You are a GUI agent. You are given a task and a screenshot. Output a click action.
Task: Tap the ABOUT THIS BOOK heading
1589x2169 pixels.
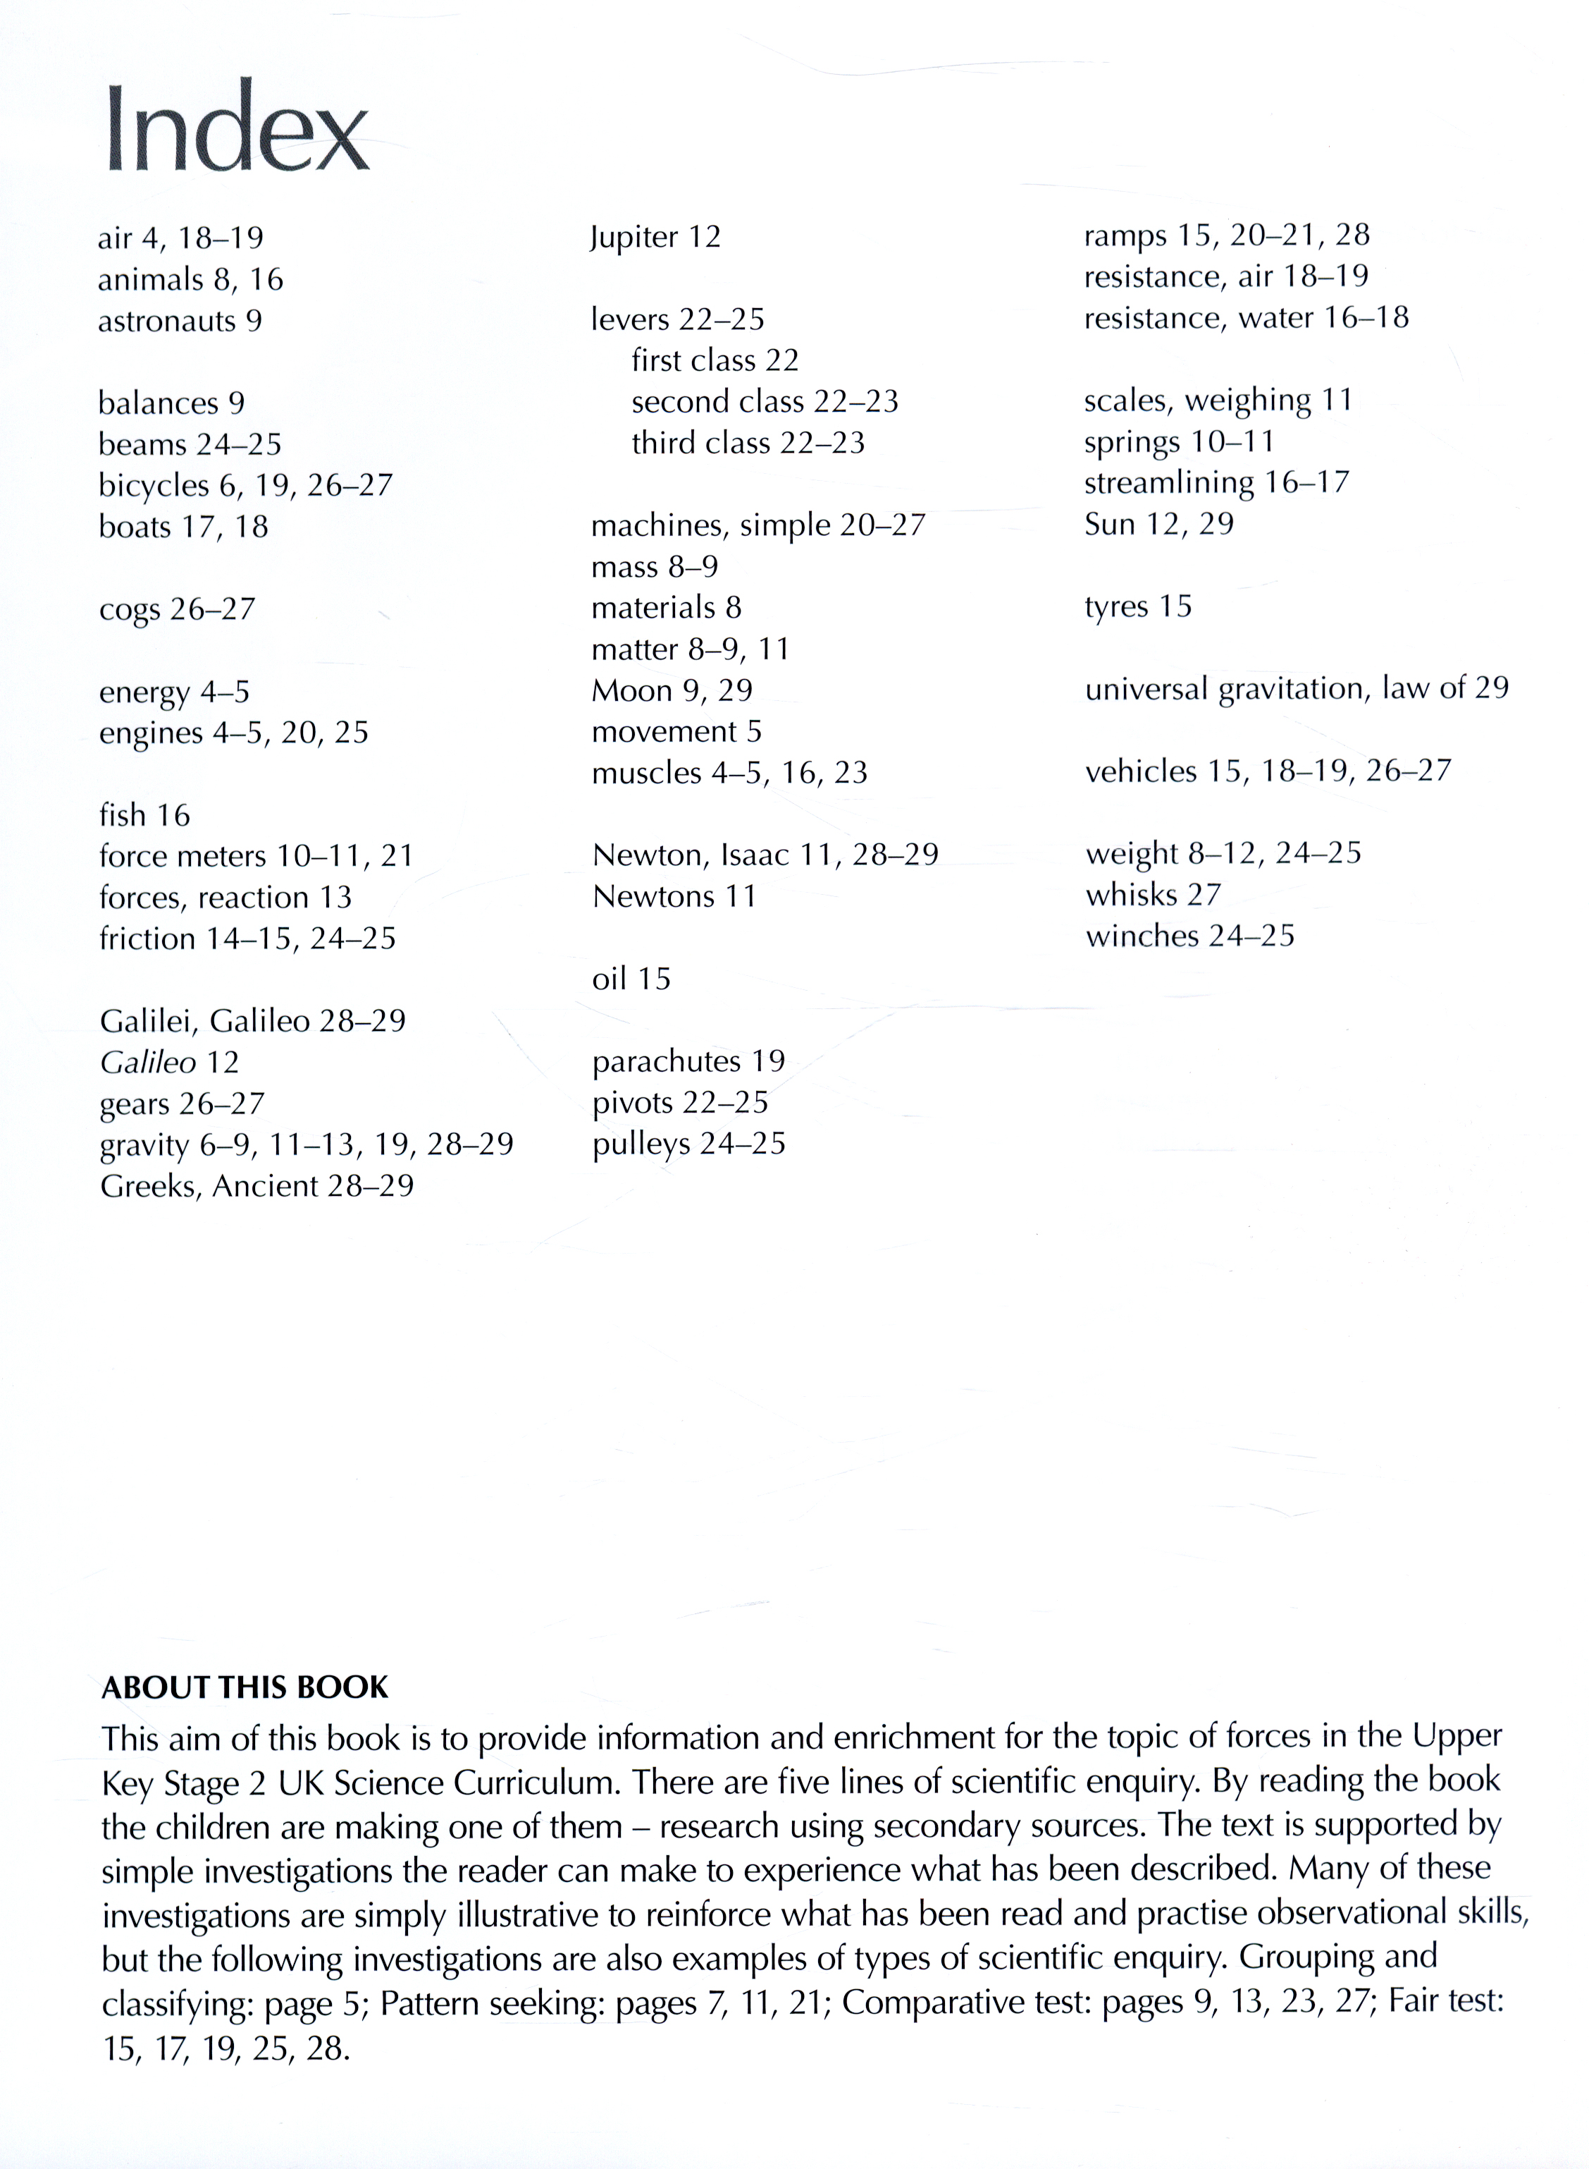point(245,1686)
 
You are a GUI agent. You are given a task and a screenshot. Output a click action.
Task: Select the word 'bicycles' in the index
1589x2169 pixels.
point(154,486)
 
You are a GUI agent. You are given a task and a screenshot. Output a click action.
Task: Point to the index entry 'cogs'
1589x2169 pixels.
point(130,610)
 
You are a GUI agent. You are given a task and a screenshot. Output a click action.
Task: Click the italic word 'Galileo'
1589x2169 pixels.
point(148,1063)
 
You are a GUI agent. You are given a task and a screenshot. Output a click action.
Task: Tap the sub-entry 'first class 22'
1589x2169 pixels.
point(715,360)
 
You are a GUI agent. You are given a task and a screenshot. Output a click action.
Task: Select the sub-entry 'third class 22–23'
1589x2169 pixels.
point(748,443)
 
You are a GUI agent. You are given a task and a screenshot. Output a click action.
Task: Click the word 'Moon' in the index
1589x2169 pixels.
point(631,690)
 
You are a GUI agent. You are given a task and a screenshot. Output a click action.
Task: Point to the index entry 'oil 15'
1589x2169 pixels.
point(631,979)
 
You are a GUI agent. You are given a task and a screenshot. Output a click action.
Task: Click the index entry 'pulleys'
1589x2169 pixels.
point(641,1144)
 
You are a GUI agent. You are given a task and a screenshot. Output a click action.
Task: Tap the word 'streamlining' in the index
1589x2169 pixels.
point(1168,483)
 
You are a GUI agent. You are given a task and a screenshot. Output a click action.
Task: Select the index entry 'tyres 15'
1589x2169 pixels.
point(1138,606)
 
